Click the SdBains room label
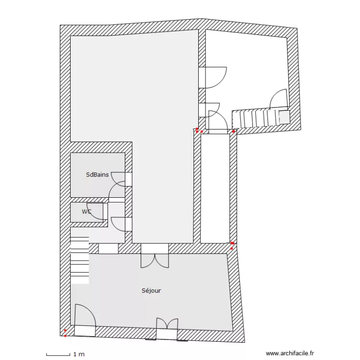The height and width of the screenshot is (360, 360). (x=97, y=175)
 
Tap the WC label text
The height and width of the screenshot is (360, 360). (x=86, y=211)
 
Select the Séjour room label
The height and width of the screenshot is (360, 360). (x=151, y=290)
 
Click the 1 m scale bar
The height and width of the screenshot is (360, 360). (x=58, y=354)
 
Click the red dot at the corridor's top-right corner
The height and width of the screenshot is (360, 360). (x=234, y=131)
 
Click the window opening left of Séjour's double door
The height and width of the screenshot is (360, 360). (x=108, y=249)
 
